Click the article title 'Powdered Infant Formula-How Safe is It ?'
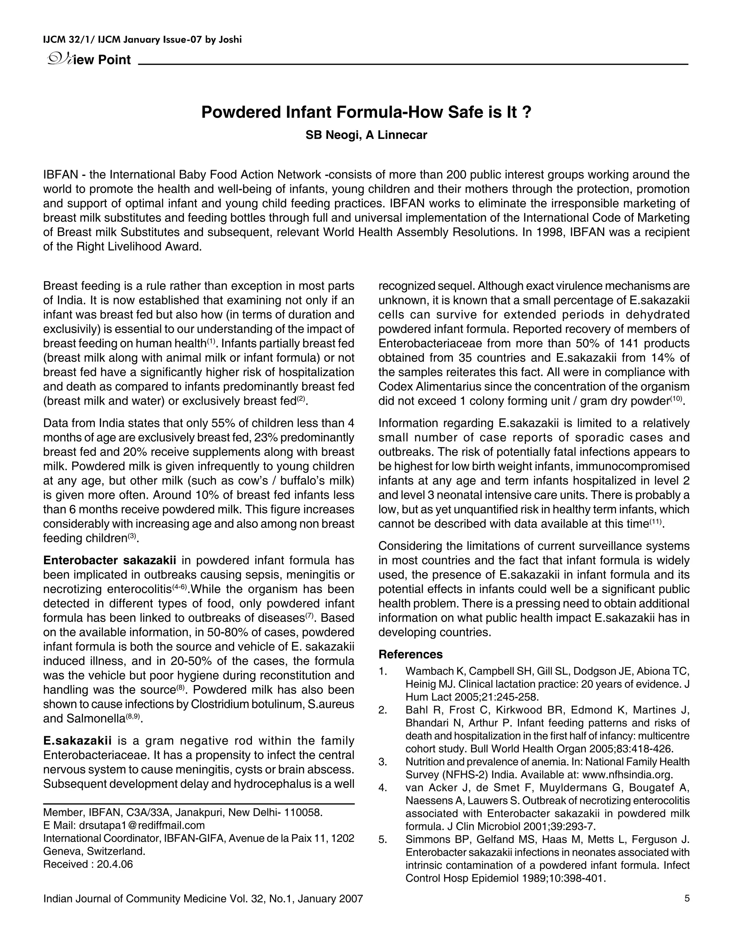tap(366, 112)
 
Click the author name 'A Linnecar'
tap(396, 135)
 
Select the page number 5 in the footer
tap(686, 898)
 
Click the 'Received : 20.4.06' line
tap(88, 864)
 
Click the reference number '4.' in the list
tap(383, 788)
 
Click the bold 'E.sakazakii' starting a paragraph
tap(77, 741)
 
